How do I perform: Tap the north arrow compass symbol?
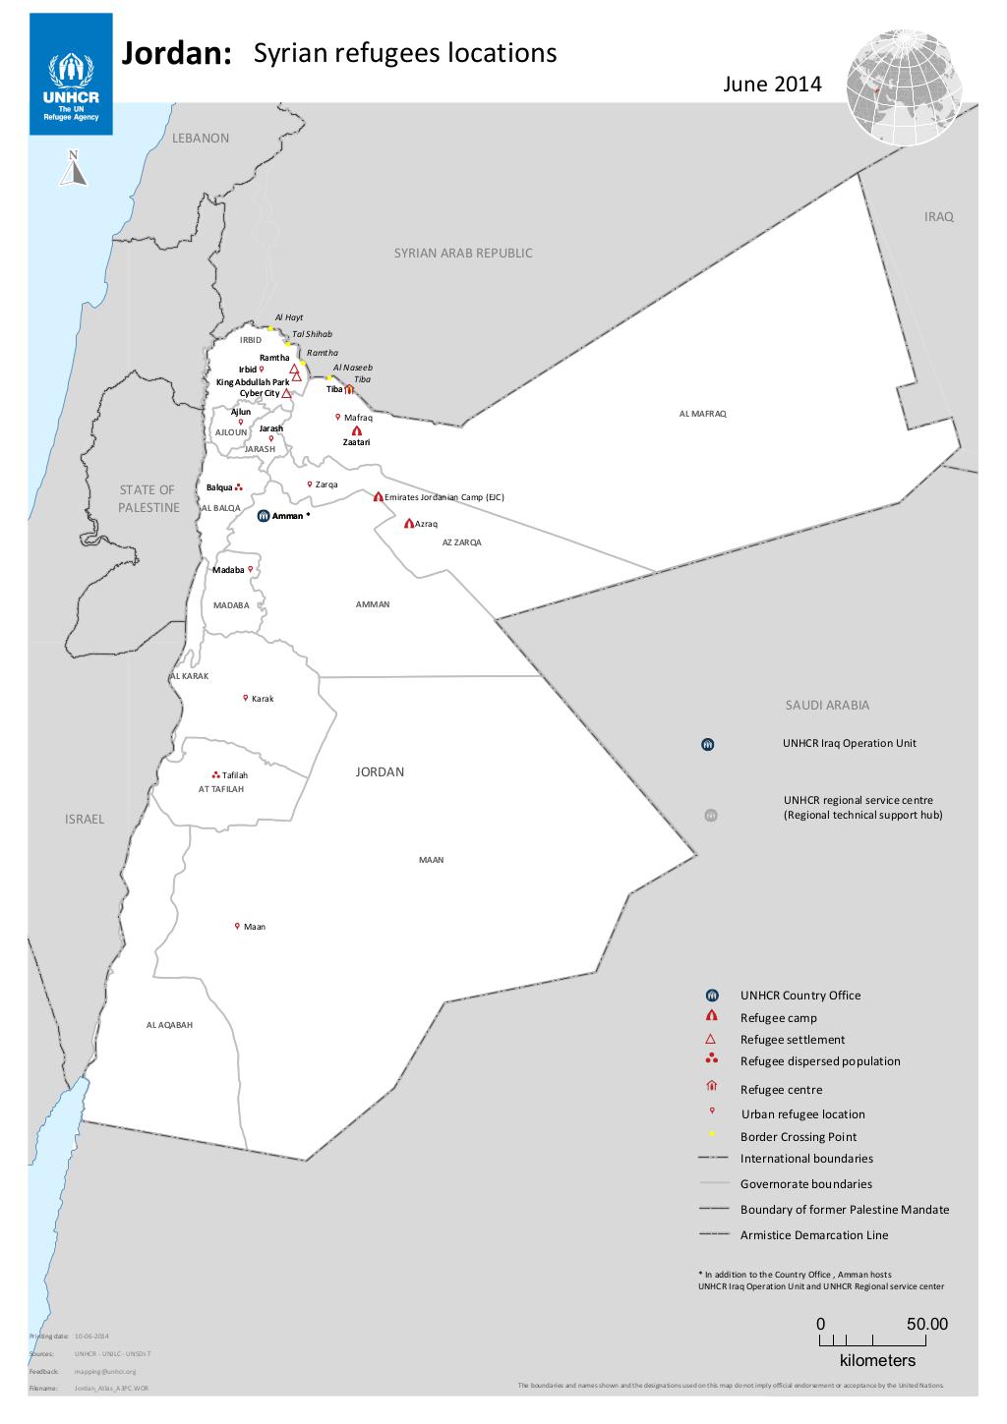pyautogui.click(x=74, y=169)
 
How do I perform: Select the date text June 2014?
pyautogui.click(x=771, y=85)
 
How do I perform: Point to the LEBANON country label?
pyautogui.click(x=201, y=139)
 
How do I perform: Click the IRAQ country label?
pyautogui.click(x=938, y=216)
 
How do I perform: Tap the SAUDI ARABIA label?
pyautogui.click(x=827, y=705)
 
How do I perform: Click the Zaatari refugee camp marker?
pyautogui.click(x=356, y=431)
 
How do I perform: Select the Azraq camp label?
pyautogui.click(x=426, y=524)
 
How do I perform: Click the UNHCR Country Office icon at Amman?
pyautogui.click(x=264, y=515)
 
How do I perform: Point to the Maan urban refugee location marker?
pyautogui.click(x=237, y=925)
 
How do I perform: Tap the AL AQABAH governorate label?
pyautogui.click(x=169, y=1025)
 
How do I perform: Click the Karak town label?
pyautogui.click(x=263, y=699)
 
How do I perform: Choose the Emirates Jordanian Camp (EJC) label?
pyautogui.click(x=444, y=497)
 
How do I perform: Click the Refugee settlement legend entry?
pyautogui.click(x=792, y=1040)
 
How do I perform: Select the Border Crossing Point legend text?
pyautogui.click(x=798, y=1137)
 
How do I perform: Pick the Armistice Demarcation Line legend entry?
pyautogui.click(x=813, y=1235)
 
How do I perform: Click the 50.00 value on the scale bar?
pyautogui.click(x=926, y=1324)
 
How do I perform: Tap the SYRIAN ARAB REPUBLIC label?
pyautogui.click(x=463, y=253)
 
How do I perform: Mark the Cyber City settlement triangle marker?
pyautogui.click(x=286, y=393)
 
